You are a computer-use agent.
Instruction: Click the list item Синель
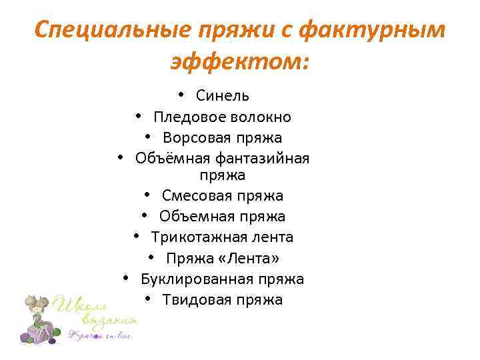(x=223, y=96)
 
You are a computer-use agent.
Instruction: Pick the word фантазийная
(x=261, y=159)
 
